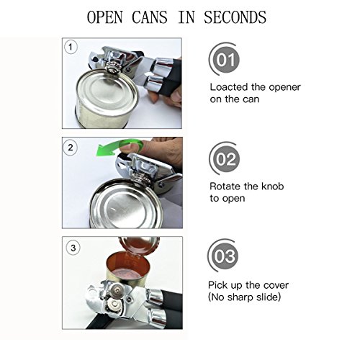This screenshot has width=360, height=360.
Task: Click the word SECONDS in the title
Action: coord(235,17)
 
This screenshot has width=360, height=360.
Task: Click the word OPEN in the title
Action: coord(104,17)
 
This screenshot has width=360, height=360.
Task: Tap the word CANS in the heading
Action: coord(150,17)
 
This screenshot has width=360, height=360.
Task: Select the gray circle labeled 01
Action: coord(225,60)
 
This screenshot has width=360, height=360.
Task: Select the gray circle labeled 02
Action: coord(225,159)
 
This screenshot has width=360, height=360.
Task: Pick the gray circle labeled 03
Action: coord(225,256)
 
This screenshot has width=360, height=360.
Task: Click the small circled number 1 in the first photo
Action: coord(71,47)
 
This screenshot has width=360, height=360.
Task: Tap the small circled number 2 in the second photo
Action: coord(71,147)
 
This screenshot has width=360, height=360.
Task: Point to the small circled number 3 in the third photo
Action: coord(73,248)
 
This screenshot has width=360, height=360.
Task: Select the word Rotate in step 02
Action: coord(225,186)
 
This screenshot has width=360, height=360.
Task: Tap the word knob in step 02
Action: coord(272,186)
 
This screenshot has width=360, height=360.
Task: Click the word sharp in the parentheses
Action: coord(240,297)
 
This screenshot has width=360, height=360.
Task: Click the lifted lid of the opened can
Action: coord(139,245)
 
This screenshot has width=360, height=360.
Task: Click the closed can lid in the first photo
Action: coord(107,90)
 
